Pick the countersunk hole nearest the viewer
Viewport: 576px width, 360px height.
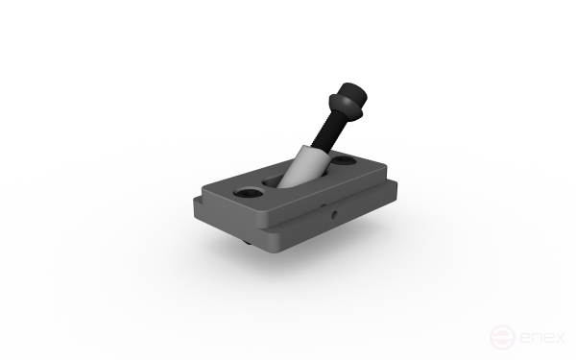(249, 192)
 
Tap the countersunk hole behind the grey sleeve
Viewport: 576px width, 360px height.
(344, 160)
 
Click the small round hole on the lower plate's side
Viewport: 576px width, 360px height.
(334, 214)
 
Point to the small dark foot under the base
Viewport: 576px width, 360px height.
(247, 242)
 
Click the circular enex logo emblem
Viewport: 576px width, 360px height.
(502, 337)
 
